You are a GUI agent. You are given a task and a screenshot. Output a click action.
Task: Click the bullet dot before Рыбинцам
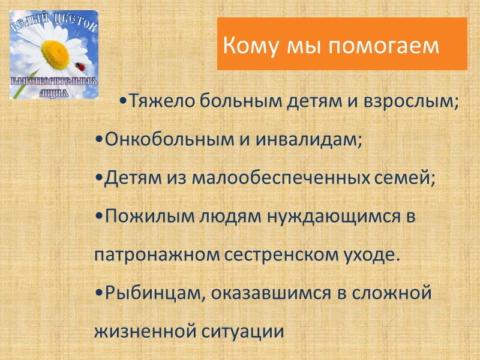[x=98, y=293]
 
